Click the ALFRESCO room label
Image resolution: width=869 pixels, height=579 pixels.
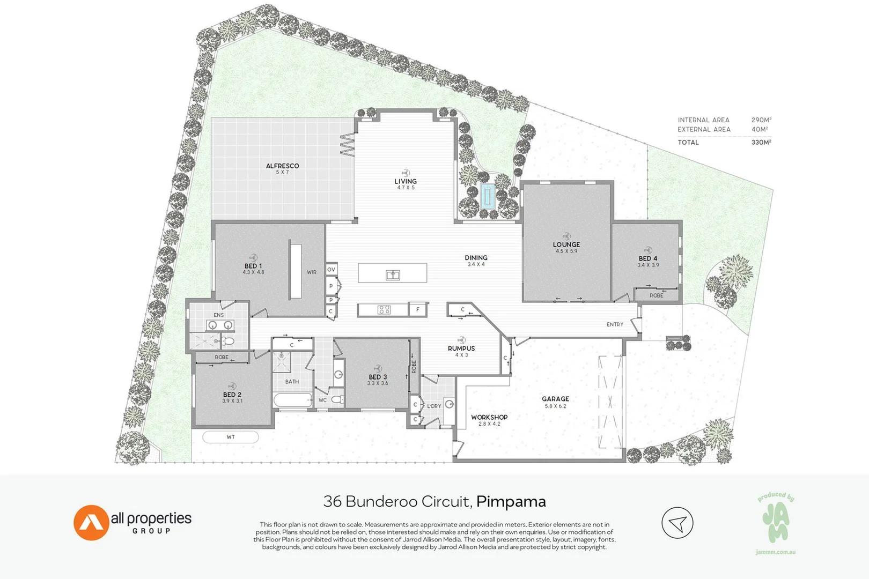click(x=282, y=166)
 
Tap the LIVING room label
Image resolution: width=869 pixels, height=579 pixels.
click(x=406, y=181)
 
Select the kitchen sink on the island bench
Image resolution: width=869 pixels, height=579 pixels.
click(x=393, y=275)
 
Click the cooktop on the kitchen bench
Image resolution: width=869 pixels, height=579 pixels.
click(x=384, y=309)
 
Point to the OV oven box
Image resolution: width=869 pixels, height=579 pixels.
click(x=331, y=269)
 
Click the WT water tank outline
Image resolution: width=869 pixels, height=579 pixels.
click(x=231, y=437)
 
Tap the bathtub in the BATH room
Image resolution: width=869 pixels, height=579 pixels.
click(x=292, y=399)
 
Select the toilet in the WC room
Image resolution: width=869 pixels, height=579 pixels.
click(x=337, y=399)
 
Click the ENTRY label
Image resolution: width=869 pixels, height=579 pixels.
click(x=615, y=324)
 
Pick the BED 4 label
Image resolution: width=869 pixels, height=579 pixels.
click(x=647, y=258)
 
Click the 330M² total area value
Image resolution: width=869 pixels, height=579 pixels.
click(x=761, y=142)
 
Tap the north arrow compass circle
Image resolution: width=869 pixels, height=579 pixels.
click(x=677, y=523)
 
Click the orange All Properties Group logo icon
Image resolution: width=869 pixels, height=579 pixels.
click(x=91, y=523)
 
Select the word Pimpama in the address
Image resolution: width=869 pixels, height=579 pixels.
click(x=511, y=502)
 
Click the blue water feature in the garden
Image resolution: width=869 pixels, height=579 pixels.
click(x=487, y=196)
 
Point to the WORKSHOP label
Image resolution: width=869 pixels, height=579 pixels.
click(x=489, y=417)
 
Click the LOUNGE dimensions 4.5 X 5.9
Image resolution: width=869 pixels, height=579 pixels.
click(x=566, y=251)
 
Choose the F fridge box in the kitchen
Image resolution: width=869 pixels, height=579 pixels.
click(x=418, y=309)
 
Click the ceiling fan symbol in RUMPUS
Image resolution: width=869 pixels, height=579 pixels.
click(x=461, y=340)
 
